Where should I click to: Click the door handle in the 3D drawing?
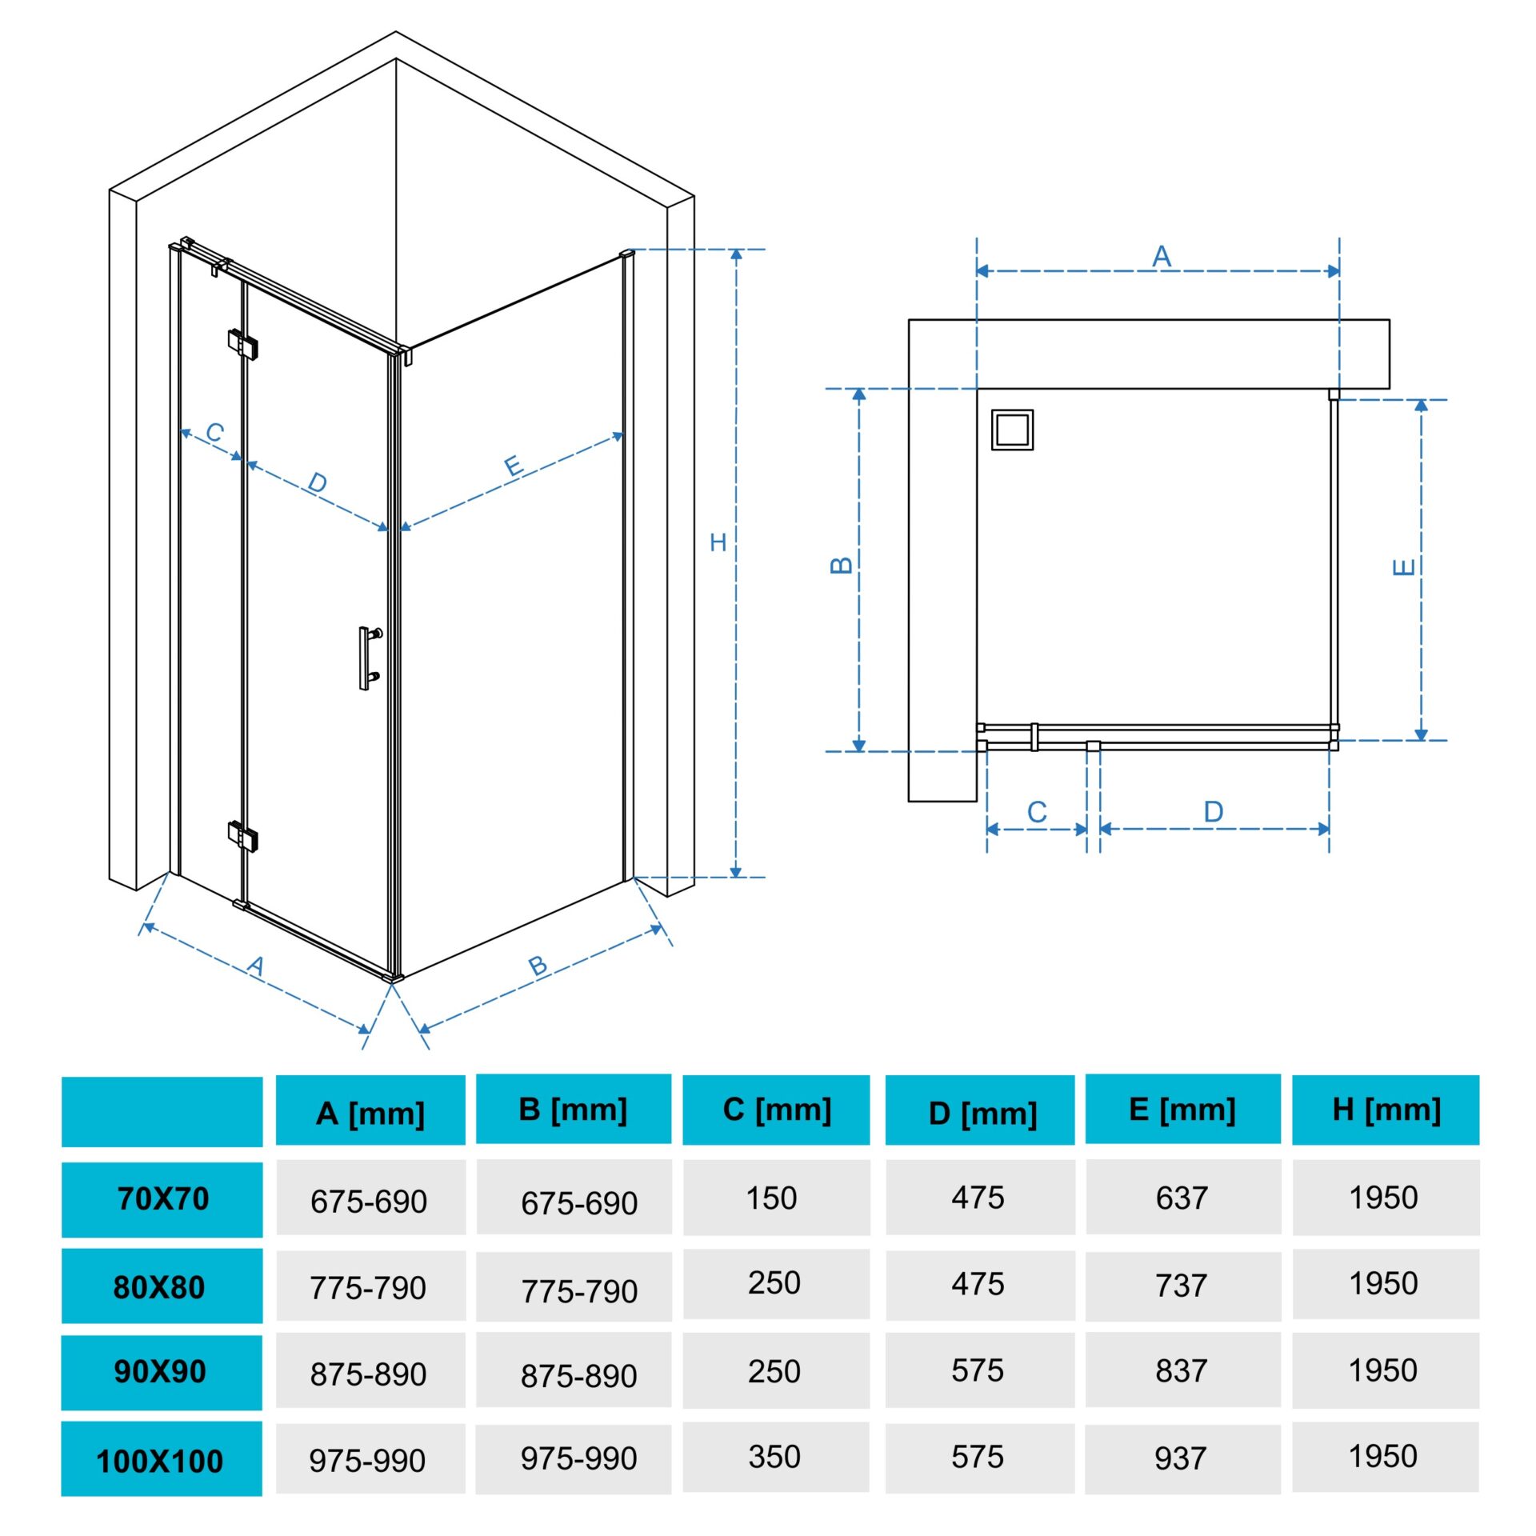click(x=367, y=658)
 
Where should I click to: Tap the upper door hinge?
click(x=242, y=343)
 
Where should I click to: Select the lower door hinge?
click(x=242, y=836)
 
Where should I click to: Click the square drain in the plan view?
click(x=1012, y=430)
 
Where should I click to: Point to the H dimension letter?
click(x=718, y=542)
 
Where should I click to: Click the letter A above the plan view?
click(x=1162, y=256)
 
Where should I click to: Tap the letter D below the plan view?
click(x=1214, y=812)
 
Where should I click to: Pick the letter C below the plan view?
click(x=1037, y=812)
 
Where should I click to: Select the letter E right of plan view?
click(x=1404, y=567)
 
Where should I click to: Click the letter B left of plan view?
click(x=842, y=565)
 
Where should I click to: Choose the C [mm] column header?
click(x=777, y=1110)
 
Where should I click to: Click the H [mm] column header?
click(x=1386, y=1110)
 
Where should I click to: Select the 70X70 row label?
click(x=163, y=1198)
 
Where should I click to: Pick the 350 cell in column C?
click(x=774, y=1457)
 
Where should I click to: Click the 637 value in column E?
click(x=1182, y=1198)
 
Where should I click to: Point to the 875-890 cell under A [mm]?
click(x=368, y=1374)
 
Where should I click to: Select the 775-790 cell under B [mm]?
click(x=579, y=1290)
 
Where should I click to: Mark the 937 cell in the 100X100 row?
click(x=1181, y=1458)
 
